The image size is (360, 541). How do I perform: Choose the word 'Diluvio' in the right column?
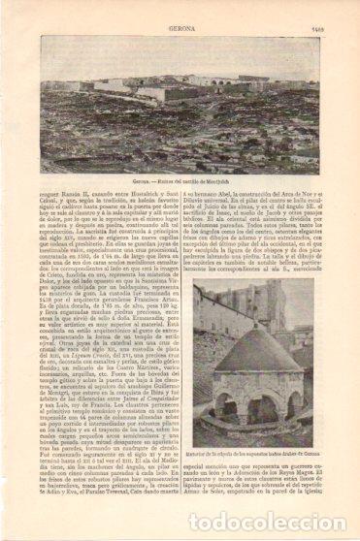tap(200, 207)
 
